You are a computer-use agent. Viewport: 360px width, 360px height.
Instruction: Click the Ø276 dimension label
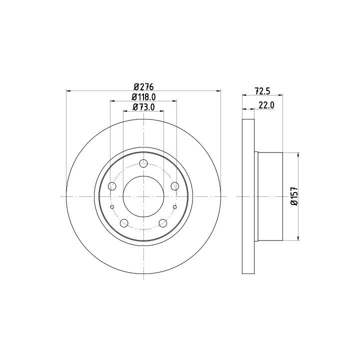[x=143, y=87]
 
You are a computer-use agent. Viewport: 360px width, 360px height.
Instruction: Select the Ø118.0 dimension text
[x=143, y=97]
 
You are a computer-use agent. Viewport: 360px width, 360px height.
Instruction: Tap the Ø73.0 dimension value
[x=143, y=107]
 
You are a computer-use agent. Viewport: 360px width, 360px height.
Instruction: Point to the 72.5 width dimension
[x=262, y=91]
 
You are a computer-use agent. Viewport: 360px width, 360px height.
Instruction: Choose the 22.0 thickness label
[x=266, y=105]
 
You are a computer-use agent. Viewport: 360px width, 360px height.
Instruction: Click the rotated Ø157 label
[x=294, y=196]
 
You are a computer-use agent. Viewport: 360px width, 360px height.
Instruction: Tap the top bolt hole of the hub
[x=143, y=163]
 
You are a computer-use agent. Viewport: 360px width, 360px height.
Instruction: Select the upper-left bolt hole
[x=112, y=186]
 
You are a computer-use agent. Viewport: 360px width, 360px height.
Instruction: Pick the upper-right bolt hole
[x=175, y=186]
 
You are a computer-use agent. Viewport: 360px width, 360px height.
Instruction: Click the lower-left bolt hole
[x=124, y=222]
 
